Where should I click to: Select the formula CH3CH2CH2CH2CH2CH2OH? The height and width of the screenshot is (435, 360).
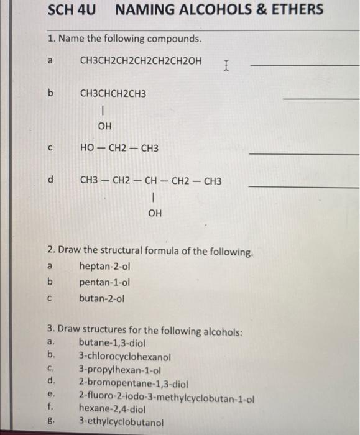tap(141, 61)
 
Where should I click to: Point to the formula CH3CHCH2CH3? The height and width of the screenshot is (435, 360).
tap(113, 94)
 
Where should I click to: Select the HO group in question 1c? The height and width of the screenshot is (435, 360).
tap(88, 149)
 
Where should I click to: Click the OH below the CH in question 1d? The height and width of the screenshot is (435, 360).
tap(155, 213)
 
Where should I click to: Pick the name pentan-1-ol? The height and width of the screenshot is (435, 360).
tap(104, 282)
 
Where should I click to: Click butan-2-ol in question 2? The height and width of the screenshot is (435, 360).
tap(101, 298)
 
